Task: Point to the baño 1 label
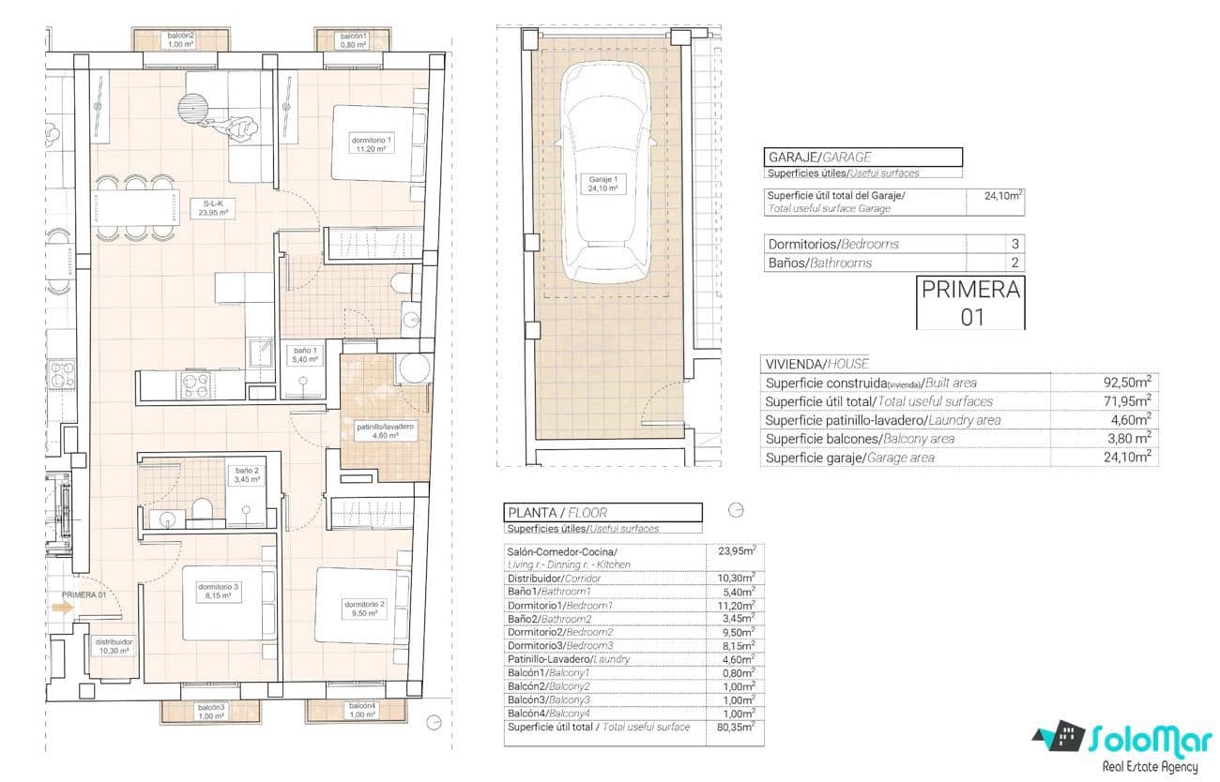(x=304, y=354)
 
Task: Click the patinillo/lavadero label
(x=385, y=430)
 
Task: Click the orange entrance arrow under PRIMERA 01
(x=63, y=608)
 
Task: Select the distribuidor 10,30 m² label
(x=113, y=646)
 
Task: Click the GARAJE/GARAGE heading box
(x=863, y=158)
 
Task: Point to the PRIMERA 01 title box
(x=970, y=302)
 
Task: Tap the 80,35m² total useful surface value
(x=735, y=727)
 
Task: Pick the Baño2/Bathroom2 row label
(x=550, y=619)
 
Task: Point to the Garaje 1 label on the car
(x=602, y=183)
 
